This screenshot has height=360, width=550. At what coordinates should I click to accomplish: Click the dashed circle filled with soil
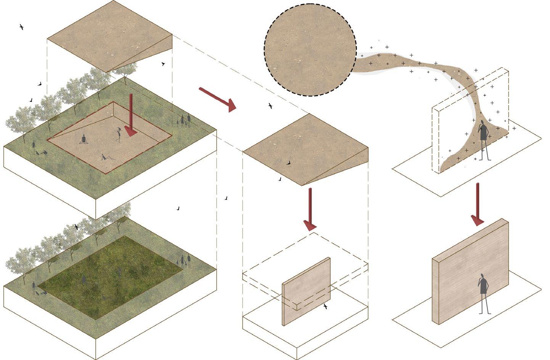pyautogui.click(x=310, y=50)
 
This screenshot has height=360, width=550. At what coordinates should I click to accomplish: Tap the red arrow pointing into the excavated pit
pyautogui.click(x=130, y=114)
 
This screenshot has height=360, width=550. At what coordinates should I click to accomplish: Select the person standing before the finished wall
pyautogui.click(x=484, y=294)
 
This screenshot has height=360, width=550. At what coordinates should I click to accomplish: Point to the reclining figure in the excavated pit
pyautogui.click(x=106, y=157)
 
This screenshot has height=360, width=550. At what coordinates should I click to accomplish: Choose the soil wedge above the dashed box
pyautogui.click(x=305, y=149)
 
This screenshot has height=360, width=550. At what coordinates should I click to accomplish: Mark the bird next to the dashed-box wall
pyautogui.click(x=325, y=306)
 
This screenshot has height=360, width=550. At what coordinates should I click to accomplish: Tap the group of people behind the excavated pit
pyautogui.click(x=184, y=121)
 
